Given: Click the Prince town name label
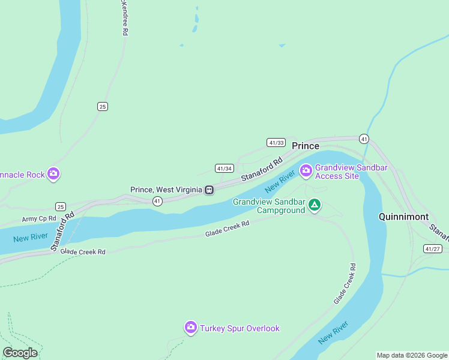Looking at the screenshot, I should point(306,146).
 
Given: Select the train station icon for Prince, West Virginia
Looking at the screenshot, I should point(209,190).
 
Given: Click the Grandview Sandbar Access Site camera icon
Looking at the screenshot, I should point(306,172).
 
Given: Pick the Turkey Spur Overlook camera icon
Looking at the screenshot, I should point(191,328).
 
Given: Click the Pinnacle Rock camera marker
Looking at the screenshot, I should point(53,174).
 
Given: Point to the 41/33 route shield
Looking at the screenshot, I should point(276,142).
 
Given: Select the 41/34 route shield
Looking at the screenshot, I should point(224,169).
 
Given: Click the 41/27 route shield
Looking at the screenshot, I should point(432,248).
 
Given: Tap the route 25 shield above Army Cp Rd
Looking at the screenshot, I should point(60,206).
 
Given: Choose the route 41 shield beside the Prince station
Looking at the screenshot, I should point(157,201).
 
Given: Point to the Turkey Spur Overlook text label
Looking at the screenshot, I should point(240,328).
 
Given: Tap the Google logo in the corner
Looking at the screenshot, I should point(20,352).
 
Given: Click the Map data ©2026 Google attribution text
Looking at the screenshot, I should point(412,355).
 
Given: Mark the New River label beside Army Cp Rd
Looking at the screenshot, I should point(30,237).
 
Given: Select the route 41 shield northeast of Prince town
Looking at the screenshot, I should point(364,139).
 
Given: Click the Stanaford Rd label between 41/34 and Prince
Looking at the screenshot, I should point(262,170).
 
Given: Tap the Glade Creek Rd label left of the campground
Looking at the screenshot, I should point(227,229).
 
